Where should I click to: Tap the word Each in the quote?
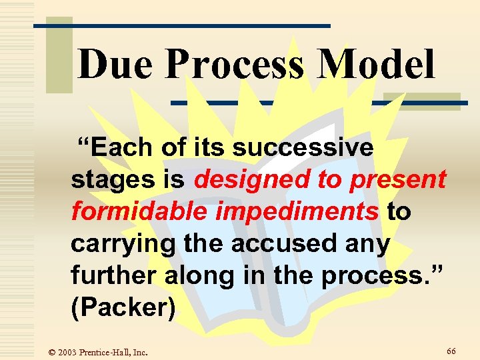coord(115,147)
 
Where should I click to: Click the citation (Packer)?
coord(123,307)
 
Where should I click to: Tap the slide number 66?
coord(451,351)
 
